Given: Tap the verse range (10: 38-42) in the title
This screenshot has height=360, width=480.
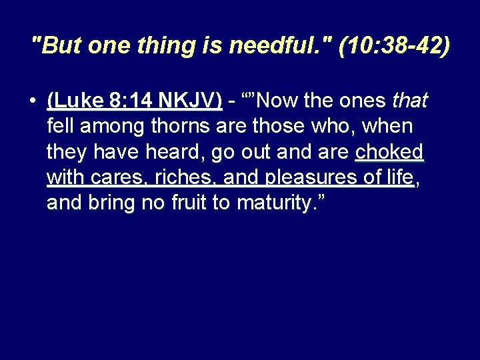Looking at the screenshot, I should click(394, 46).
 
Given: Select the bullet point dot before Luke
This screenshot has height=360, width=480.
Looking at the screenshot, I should click(32, 101).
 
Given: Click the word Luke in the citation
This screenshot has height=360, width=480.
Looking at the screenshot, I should click(72, 101).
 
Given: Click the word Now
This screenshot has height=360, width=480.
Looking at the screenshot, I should click(275, 101).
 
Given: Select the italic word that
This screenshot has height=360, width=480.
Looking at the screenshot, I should click(409, 101).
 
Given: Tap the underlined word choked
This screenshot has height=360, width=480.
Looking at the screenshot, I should click(389, 151).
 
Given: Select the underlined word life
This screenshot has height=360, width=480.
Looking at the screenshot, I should click(399, 177).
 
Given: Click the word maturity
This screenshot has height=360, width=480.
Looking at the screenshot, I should click(272, 202).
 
